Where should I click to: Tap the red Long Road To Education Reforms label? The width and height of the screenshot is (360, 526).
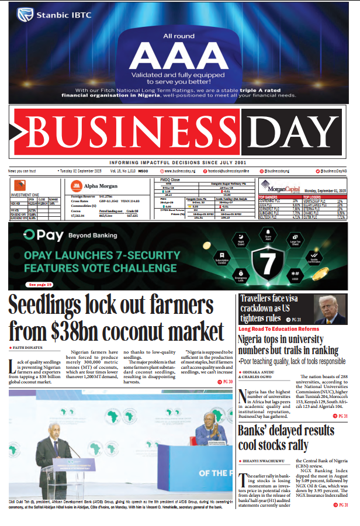(x=279, y=329)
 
